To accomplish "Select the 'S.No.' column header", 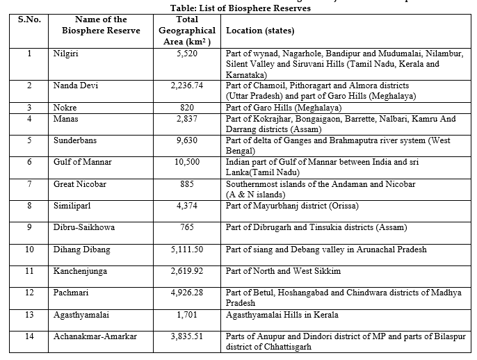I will tap(29, 19).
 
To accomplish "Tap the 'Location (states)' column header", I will tap(260, 31).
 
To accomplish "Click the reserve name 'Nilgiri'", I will tap(65, 53).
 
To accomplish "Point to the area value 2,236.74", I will tap(189, 85).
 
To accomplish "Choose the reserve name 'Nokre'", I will tap(65, 108).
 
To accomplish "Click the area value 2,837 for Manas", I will tap(189, 119).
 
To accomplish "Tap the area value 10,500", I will tap(189, 162).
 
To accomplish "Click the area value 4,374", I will tap(189, 206).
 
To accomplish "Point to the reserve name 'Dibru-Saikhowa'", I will tap(84, 227).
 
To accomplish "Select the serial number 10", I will tap(29, 249).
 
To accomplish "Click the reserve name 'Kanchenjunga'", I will tap(82, 270).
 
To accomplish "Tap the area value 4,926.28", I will tap(189, 293).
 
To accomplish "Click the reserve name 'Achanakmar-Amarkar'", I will tap(95, 336).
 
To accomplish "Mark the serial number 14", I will tap(29, 336).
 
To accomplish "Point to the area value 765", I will tap(189, 227).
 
